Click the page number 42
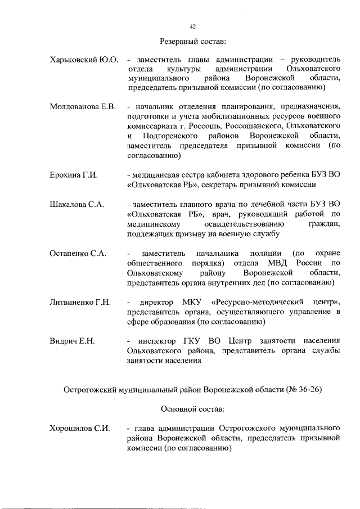coord(192,27)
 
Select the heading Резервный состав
coord(192,42)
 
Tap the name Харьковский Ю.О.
coord(83,60)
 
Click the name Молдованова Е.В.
coord(82,107)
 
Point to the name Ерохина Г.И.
coord(74,175)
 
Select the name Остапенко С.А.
coord(78,253)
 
